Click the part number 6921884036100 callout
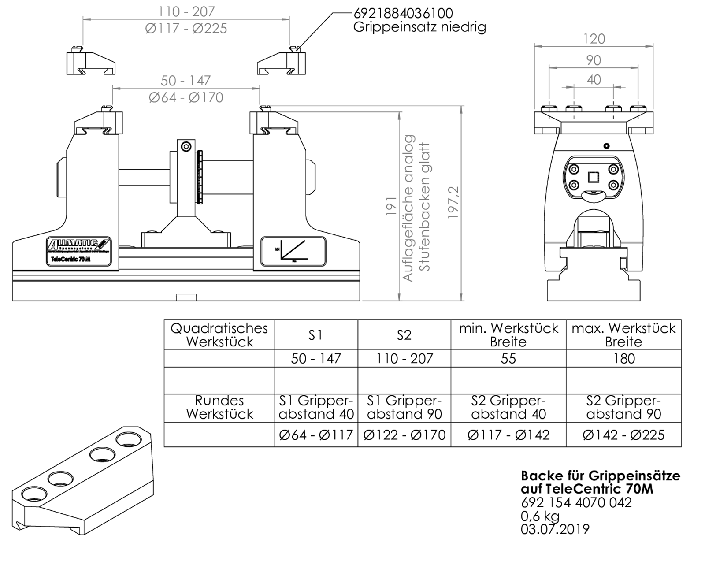click(403, 13)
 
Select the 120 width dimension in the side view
click(594, 39)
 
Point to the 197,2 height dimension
click(453, 203)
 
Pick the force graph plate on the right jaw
click(293, 252)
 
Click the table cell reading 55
click(508, 358)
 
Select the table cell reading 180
click(623, 358)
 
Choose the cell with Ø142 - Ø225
click(623, 435)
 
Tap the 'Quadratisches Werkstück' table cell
click(219, 335)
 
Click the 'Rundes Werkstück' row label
click(219, 407)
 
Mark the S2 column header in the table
click(404, 335)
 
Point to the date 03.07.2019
click(555, 529)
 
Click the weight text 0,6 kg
click(540, 516)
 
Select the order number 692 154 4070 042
click(576, 502)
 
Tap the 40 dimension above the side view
click(594, 80)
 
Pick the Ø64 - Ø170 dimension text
click(186, 97)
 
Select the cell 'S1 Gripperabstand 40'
click(316, 407)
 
